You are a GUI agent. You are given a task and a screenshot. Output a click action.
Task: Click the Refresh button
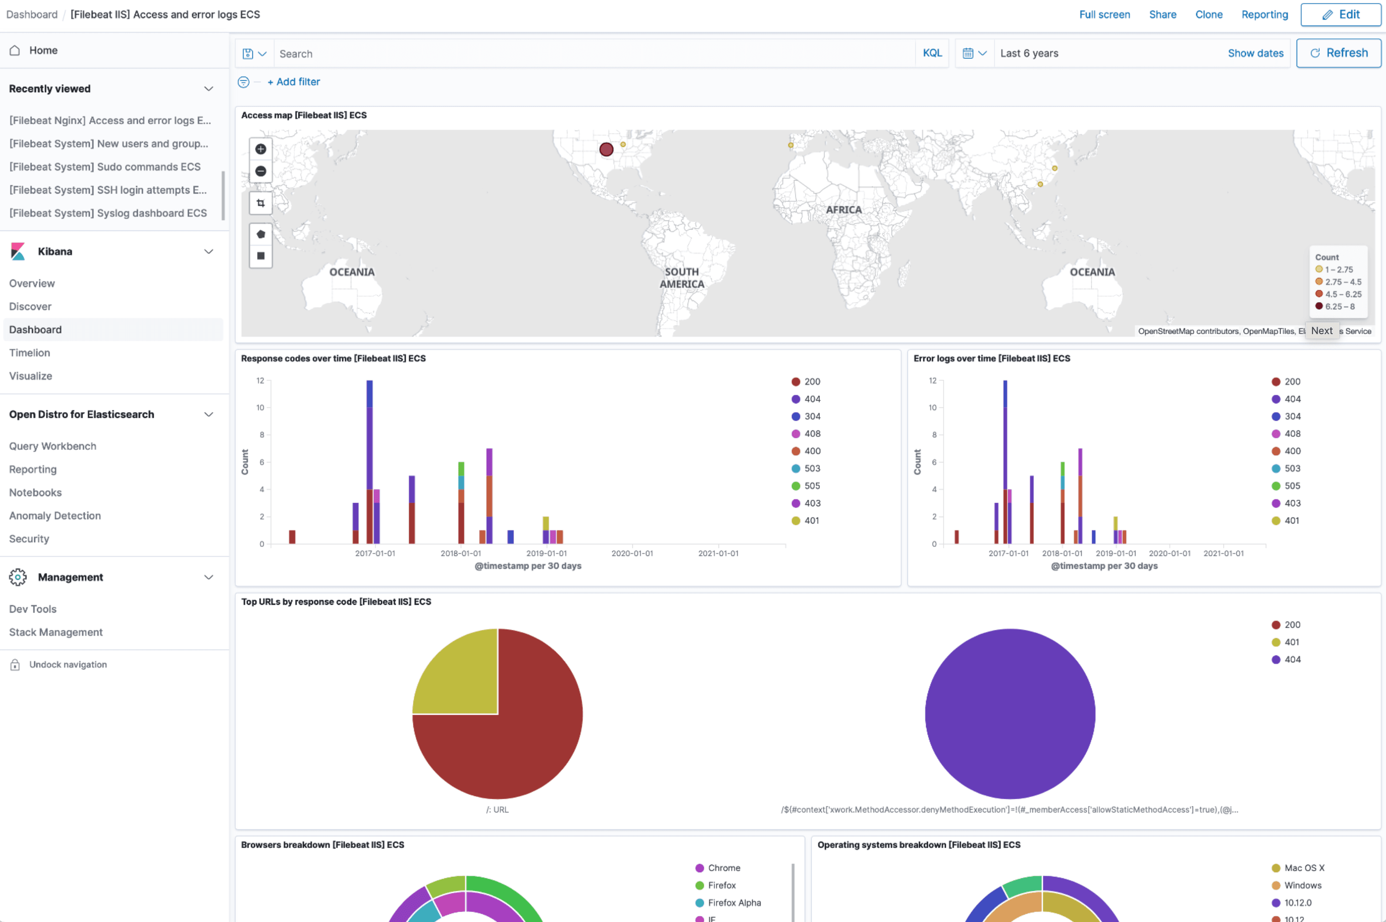[x=1339, y=53]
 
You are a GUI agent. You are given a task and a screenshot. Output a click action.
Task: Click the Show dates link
[x=1255, y=53]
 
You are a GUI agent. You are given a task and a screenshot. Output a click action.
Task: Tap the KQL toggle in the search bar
[x=932, y=53]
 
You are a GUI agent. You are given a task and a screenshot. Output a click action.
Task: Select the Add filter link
[x=293, y=82]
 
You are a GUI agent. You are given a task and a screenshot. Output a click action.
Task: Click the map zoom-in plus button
[x=261, y=149]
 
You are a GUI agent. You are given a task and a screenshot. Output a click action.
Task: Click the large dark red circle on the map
[x=606, y=149]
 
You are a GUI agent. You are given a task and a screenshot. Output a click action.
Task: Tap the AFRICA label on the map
[x=843, y=210]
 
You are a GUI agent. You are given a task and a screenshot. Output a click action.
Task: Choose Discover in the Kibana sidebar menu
[x=30, y=306]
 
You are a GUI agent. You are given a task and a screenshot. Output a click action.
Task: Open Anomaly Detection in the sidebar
[x=55, y=516]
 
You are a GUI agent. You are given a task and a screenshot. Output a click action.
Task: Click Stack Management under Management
[x=56, y=632]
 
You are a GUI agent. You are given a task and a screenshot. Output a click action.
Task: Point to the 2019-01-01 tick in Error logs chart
[x=1115, y=553]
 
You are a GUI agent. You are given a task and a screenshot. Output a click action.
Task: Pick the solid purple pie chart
[x=1009, y=713]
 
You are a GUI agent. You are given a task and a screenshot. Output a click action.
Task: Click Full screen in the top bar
[x=1104, y=15]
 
